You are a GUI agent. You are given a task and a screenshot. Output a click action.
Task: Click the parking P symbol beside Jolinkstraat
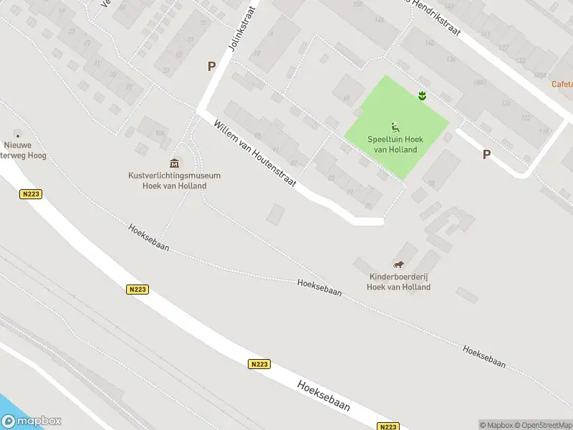pyautogui.click(x=211, y=66)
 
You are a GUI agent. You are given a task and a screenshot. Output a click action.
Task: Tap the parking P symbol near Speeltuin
pyautogui.click(x=486, y=154)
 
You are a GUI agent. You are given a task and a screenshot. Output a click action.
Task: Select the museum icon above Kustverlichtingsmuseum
pyautogui.click(x=174, y=163)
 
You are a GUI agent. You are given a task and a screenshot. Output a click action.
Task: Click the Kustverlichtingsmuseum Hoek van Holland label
pyautogui.click(x=174, y=181)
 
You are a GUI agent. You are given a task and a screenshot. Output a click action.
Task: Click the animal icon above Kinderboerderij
pyautogui.click(x=399, y=265)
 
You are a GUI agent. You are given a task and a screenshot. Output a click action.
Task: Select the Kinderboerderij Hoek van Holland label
pyautogui.click(x=399, y=282)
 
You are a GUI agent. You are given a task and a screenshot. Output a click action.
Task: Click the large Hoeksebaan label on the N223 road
pyautogui.click(x=324, y=395)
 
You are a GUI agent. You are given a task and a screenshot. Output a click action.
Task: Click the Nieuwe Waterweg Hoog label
pyautogui.click(x=24, y=150)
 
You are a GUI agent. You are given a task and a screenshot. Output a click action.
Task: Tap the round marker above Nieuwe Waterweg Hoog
pyautogui.click(x=18, y=133)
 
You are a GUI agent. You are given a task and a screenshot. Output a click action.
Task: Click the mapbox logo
pyautogui.click(x=32, y=421)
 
